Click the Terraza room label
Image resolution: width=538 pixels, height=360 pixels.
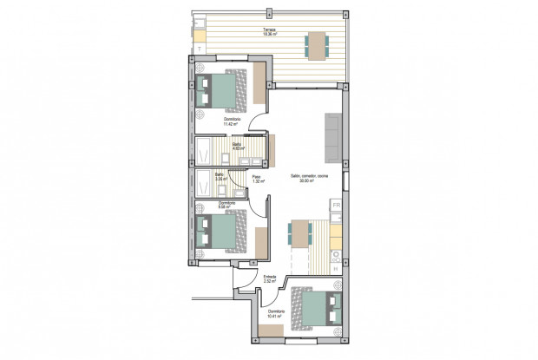pos(269,29)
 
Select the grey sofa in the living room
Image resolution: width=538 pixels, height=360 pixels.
pos(332,139)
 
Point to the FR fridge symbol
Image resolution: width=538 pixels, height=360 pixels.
pos(336,206)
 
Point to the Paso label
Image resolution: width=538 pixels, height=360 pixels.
pos(257,177)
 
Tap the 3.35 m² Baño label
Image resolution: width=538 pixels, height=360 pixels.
pos(220,175)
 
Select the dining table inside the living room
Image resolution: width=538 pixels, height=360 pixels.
pos(299,233)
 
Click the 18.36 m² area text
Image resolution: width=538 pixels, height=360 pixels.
pos(269,34)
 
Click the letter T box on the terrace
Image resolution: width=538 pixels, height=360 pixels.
pos(200,49)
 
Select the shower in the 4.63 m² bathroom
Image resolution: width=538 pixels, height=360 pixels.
pos(203,150)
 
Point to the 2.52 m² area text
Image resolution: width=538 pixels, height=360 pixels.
pos(269,283)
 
